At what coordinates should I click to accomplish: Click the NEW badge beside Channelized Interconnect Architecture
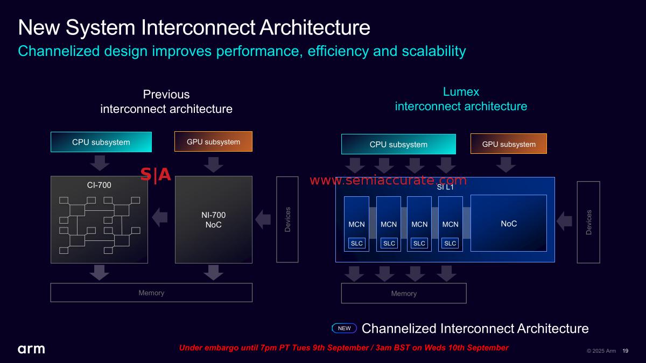point(344,328)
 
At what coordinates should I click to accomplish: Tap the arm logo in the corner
point(31,350)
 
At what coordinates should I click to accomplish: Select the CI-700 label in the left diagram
point(99,185)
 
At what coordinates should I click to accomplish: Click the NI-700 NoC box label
point(214,220)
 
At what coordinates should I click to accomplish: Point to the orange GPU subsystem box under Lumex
point(508,144)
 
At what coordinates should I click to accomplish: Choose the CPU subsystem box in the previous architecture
point(101,143)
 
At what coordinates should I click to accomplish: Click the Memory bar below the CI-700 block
point(151,293)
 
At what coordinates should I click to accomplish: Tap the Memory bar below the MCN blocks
point(404,293)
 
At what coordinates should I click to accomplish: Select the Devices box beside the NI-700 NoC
point(287,219)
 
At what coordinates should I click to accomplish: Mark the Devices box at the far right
point(588,222)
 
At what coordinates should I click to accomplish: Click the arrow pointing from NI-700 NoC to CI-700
point(160,217)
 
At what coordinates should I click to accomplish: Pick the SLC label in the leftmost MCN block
point(357,243)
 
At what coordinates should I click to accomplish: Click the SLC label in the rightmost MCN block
point(450,243)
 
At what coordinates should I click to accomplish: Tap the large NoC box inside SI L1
point(509,223)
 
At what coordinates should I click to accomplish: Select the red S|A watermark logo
point(156,175)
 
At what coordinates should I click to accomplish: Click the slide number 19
point(625,351)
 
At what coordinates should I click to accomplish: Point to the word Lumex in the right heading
point(461,91)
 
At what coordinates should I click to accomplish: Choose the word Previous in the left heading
point(166,95)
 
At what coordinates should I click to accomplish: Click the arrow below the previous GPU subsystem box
point(214,164)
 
